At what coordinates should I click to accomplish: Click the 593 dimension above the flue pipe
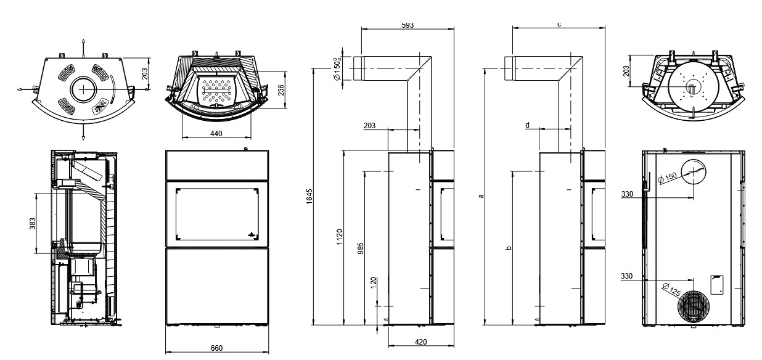407,25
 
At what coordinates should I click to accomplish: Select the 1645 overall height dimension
309,197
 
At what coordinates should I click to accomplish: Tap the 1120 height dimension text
340,237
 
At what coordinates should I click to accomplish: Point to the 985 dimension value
361,248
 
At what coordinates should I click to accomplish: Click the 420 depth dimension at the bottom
421,342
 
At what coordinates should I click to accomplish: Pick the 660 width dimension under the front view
216,348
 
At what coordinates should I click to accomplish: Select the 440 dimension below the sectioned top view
216,134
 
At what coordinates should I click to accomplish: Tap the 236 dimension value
281,90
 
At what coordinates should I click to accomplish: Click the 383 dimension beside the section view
33,224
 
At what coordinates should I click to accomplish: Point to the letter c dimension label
559,25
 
